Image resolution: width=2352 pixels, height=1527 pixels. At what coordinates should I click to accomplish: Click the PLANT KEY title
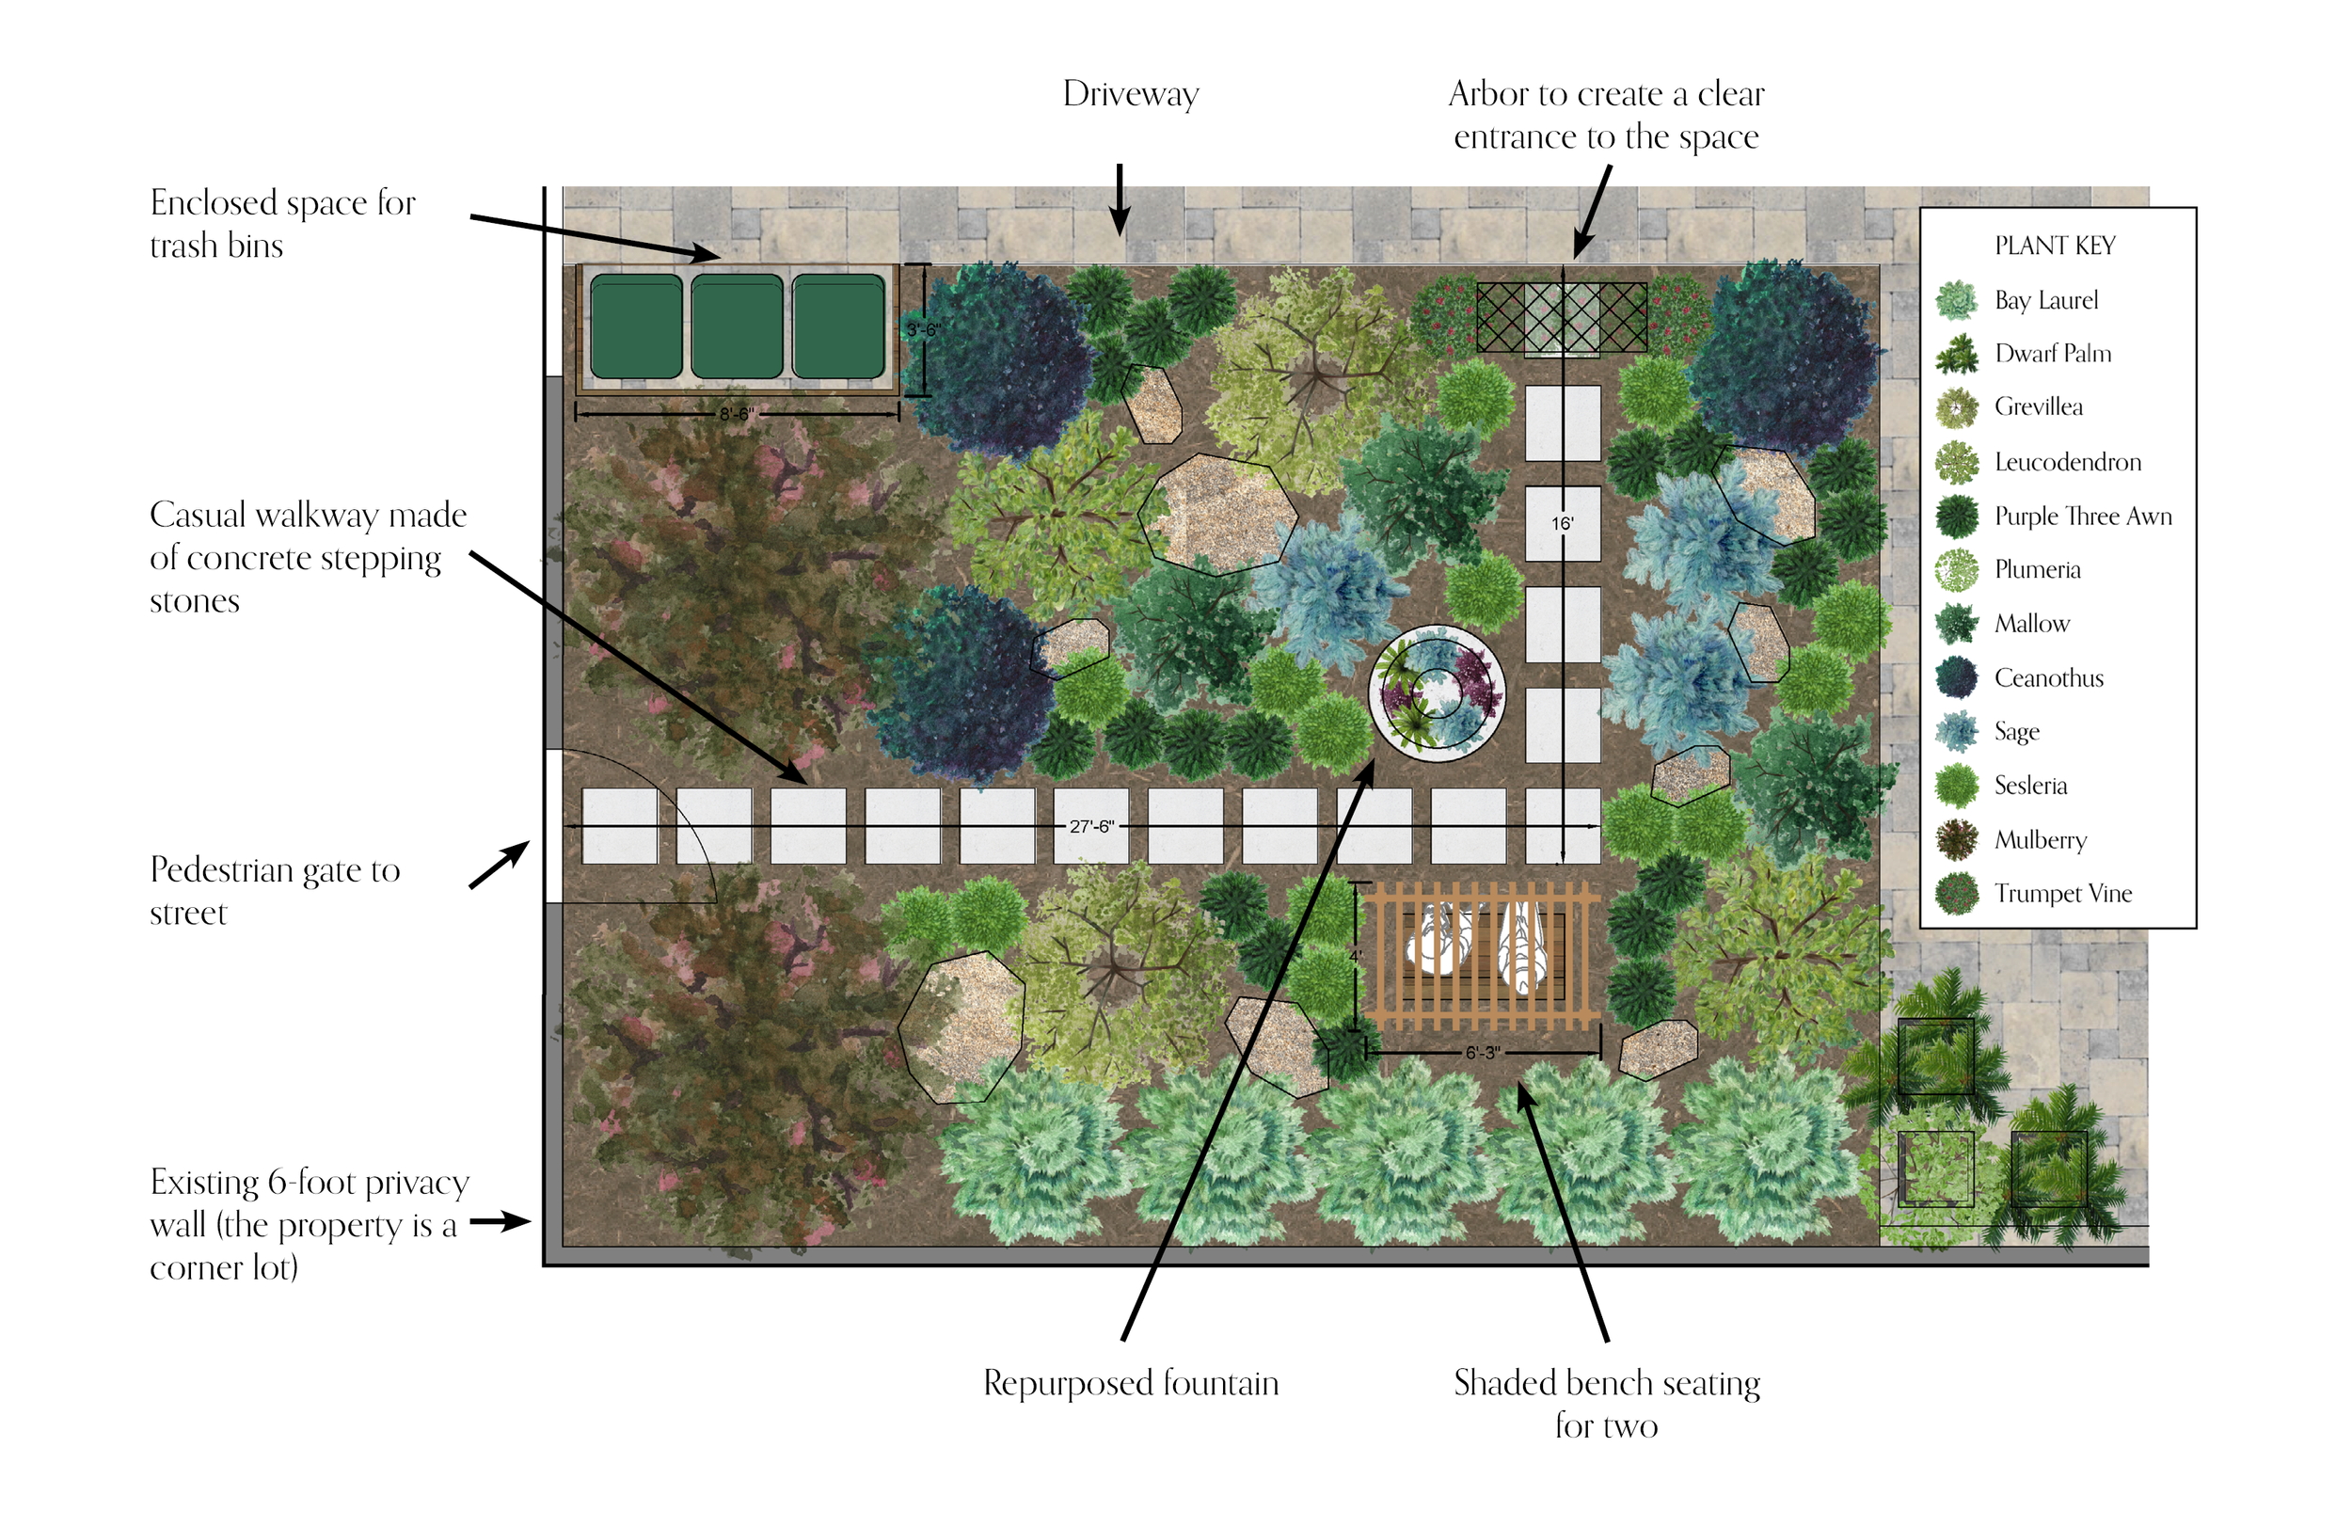click(x=2054, y=246)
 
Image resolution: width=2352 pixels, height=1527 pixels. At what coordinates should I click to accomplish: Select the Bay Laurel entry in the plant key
click(x=2044, y=299)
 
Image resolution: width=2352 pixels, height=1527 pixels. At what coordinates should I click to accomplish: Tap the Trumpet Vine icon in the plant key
click(x=1957, y=894)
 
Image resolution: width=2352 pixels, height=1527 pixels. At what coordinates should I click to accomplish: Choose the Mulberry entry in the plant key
click(x=2040, y=840)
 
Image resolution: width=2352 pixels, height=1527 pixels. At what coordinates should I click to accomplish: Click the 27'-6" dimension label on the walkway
click(x=1091, y=826)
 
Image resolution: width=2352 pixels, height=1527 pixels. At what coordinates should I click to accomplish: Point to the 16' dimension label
click(x=1562, y=524)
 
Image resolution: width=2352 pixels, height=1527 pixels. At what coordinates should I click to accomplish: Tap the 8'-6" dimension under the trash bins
click(x=737, y=415)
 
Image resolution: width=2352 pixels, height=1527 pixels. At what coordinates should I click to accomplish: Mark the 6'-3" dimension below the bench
click(x=1482, y=1053)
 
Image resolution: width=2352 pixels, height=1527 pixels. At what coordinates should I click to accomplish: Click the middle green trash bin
click(x=737, y=327)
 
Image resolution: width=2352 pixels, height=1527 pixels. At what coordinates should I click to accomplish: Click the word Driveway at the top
click(x=1131, y=94)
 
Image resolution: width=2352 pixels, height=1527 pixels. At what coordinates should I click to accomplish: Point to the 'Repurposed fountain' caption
click(x=1131, y=1383)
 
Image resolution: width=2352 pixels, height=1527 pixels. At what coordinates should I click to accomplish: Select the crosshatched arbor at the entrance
click(x=1562, y=317)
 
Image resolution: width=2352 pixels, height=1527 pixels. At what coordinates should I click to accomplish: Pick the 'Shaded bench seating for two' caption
click(x=1606, y=1404)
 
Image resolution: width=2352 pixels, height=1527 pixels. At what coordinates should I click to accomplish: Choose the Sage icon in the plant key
click(x=1957, y=732)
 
